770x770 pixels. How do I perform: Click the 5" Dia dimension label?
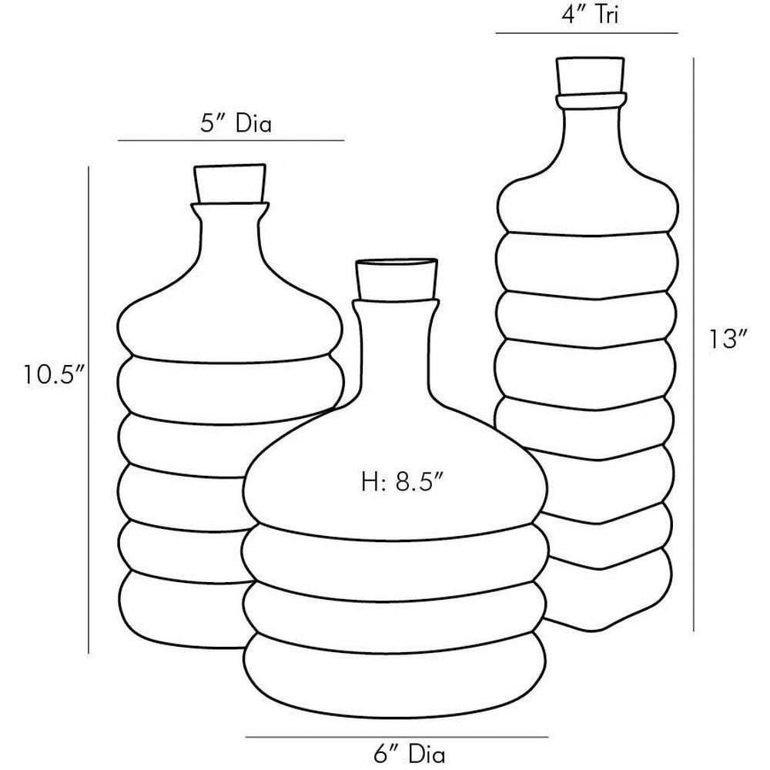[x=236, y=123]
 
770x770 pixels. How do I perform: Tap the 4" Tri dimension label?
[x=590, y=15]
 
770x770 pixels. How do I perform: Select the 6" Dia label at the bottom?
[x=409, y=755]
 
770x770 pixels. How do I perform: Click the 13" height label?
[x=728, y=340]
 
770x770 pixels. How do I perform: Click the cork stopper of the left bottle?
[x=229, y=184]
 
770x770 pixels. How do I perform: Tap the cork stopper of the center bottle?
[x=397, y=279]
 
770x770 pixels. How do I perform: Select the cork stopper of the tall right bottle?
[x=591, y=75]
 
